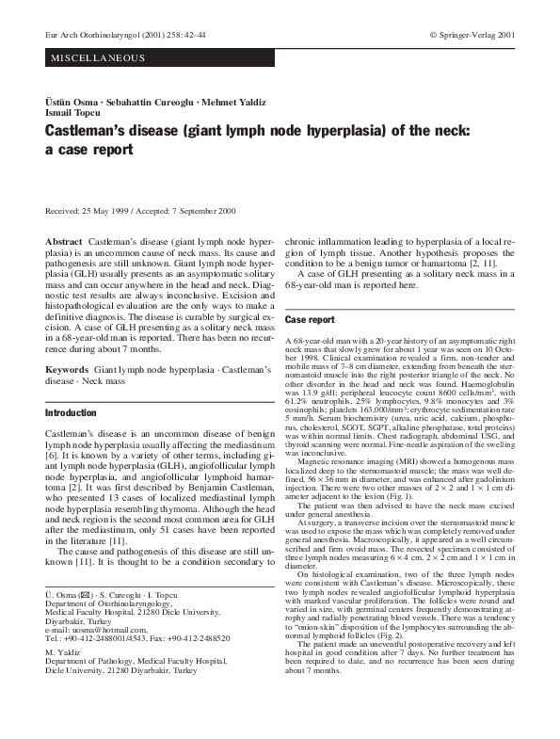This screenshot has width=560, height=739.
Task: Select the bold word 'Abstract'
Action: pyautogui.click(x=64, y=242)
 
